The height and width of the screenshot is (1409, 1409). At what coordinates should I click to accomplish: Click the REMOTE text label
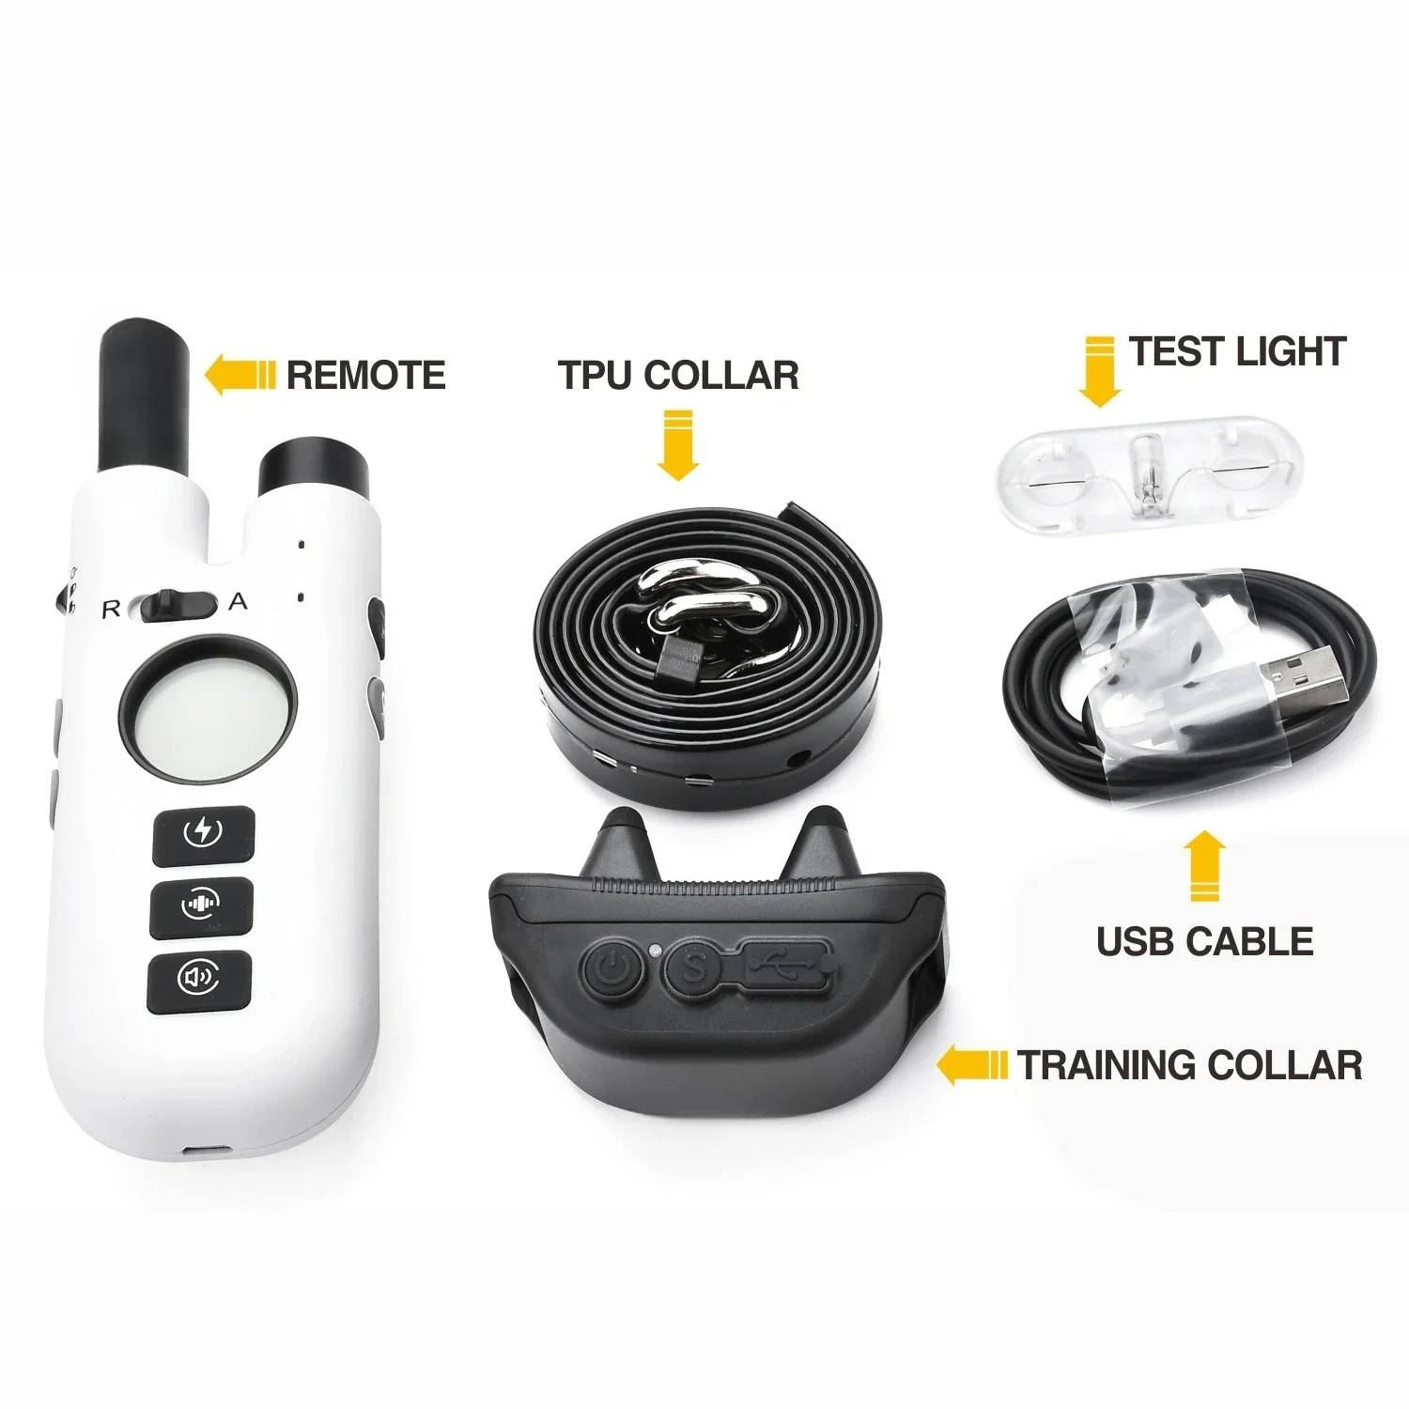[x=365, y=375]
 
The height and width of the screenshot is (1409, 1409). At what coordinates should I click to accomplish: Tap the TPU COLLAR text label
[x=678, y=375]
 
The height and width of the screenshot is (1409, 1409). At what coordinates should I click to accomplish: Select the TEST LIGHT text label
[x=1237, y=351]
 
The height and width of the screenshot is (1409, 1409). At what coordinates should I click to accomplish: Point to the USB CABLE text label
[x=1204, y=941]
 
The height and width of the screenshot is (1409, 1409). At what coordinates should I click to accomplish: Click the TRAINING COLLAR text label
[x=1189, y=1065]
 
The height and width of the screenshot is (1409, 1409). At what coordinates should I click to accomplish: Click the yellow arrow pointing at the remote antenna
[x=239, y=375]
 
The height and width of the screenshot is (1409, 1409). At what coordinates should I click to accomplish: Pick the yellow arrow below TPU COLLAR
[x=677, y=443]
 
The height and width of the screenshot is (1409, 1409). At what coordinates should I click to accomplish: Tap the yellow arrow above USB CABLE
[x=1203, y=866]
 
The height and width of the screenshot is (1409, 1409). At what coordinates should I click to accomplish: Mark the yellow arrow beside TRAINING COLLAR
[x=973, y=1066]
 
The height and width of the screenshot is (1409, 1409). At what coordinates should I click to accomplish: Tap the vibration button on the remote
[x=202, y=906]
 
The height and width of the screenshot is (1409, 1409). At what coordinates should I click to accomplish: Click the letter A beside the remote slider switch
[x=239, y=602]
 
